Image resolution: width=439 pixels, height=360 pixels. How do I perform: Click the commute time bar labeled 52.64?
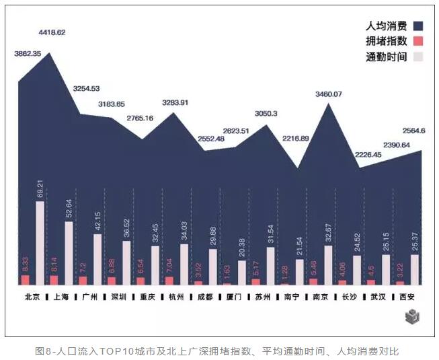coord(69,252)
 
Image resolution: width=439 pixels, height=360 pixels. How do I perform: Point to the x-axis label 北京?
coord(32,296)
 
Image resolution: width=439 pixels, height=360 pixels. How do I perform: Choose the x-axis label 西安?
coord(407,296)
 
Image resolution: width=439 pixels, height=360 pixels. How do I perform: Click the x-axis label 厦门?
coord(233,296)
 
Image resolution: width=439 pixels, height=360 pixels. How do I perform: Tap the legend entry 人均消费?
coord(387,26)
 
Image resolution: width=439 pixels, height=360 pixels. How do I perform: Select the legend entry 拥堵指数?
coord(387,42)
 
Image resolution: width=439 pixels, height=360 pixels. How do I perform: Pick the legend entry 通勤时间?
coord(387,57)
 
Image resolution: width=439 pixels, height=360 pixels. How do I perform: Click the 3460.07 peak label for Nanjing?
coord(328,94)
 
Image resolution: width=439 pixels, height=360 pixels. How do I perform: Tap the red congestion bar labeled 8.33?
coord(26,279)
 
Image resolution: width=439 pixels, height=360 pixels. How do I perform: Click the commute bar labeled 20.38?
coord(242,272)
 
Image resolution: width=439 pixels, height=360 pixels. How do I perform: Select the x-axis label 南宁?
coord(291,296)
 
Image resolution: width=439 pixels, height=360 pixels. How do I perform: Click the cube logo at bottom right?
coord(412,316)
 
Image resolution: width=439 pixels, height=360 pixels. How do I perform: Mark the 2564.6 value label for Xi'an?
coord(413,131)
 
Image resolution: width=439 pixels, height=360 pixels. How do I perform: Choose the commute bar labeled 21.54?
coord(300,271)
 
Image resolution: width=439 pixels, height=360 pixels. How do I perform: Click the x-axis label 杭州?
coord(175,296)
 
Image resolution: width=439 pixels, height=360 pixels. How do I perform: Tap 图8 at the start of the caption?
coord(43,351)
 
